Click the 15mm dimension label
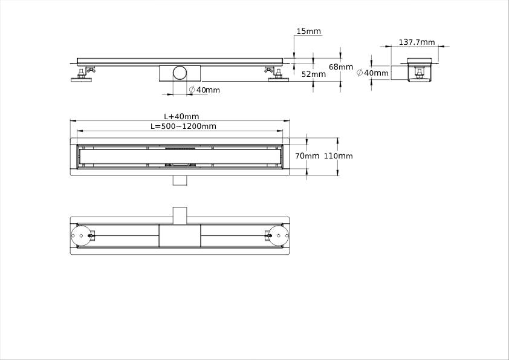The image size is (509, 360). pos(308,31)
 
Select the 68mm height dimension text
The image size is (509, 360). pos(340,67)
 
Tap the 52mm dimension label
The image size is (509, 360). pos(313,74)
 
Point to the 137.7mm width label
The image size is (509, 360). pos(417,42)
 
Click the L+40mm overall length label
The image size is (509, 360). pos(181,116)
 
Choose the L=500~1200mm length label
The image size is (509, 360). pos(183,126)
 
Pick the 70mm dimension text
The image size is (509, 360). pos(307,156)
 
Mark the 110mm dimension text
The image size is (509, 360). pos(339,156)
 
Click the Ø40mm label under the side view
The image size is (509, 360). pos(204,90)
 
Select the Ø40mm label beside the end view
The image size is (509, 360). pos(372,73)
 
